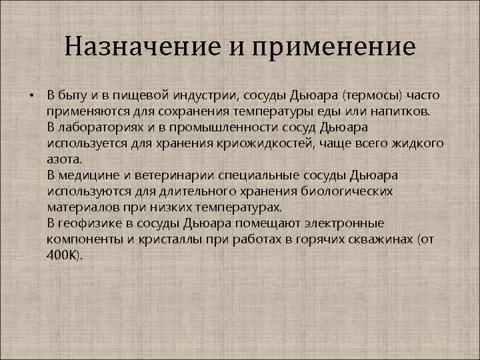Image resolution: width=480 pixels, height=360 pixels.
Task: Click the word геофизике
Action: click(x=88, y=223)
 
